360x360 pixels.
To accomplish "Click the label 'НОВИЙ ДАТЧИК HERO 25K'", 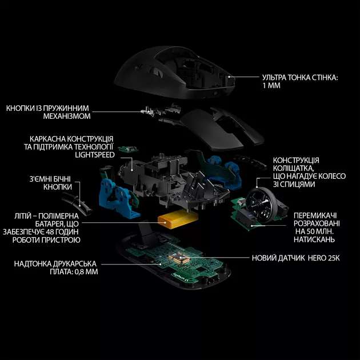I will pos(296,258).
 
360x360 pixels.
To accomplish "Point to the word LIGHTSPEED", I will pos(94,155).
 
